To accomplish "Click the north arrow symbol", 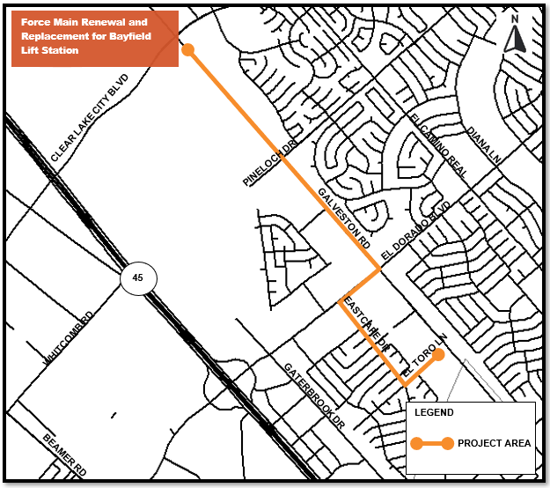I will (518, 36).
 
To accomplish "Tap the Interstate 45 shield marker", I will (137, 277).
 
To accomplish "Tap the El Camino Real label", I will (437, 144).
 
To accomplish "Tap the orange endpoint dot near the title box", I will (187, 50).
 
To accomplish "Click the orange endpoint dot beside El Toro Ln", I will (438, 356).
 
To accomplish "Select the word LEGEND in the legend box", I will (434, 412).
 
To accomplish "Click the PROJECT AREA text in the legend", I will (494, 443).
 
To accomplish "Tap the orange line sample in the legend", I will (429, 443).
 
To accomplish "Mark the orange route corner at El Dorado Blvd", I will (379, 269).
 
